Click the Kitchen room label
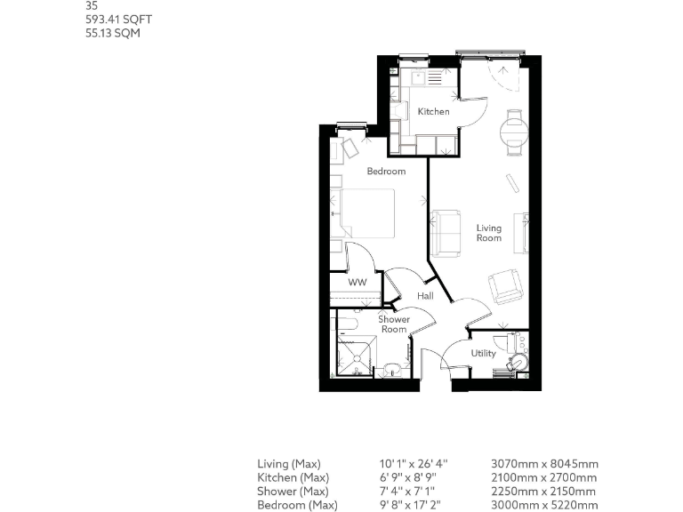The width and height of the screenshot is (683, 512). click(434, 112)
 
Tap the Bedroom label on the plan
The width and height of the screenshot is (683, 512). click(386, 172)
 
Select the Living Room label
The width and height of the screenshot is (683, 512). click(488, 232)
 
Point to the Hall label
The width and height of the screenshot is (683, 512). click(426, 296)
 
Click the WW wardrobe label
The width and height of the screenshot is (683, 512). click(358, 283)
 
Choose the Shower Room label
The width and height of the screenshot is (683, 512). click(393, 324)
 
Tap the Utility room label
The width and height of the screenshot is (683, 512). click(484, 354)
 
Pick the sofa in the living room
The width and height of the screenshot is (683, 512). click(446, 233)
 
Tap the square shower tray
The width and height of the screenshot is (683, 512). click(356, 357)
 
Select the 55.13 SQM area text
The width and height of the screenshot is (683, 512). click(107, 34)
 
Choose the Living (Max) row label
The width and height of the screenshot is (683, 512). click(288, 464)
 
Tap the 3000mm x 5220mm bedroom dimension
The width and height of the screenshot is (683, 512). click(544, 506)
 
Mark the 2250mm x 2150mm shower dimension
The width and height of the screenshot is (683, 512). click(544, 492)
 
